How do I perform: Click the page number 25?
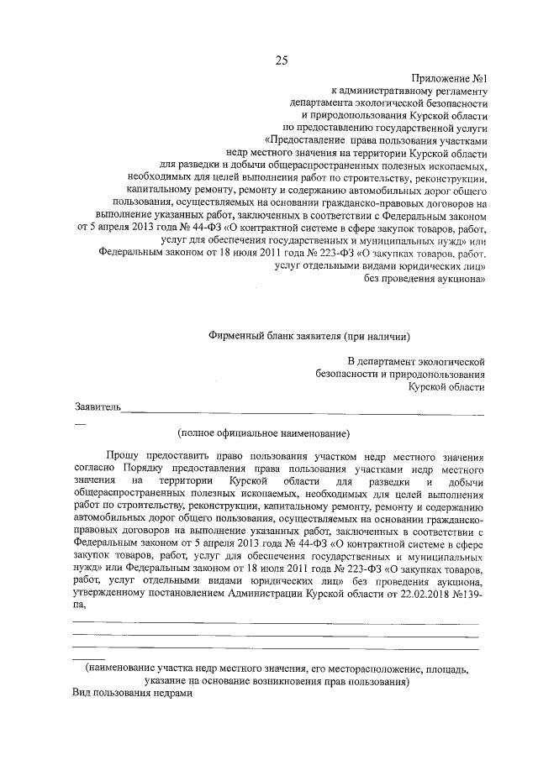pyautogui.click(x=281, y=60)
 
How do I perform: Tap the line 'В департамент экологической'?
pyautogui.click(x=411, y=360)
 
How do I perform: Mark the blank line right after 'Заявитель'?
pyautogui.click(x=303, y=411)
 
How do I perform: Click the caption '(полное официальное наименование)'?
pyautogui.click(x=262, y=433)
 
